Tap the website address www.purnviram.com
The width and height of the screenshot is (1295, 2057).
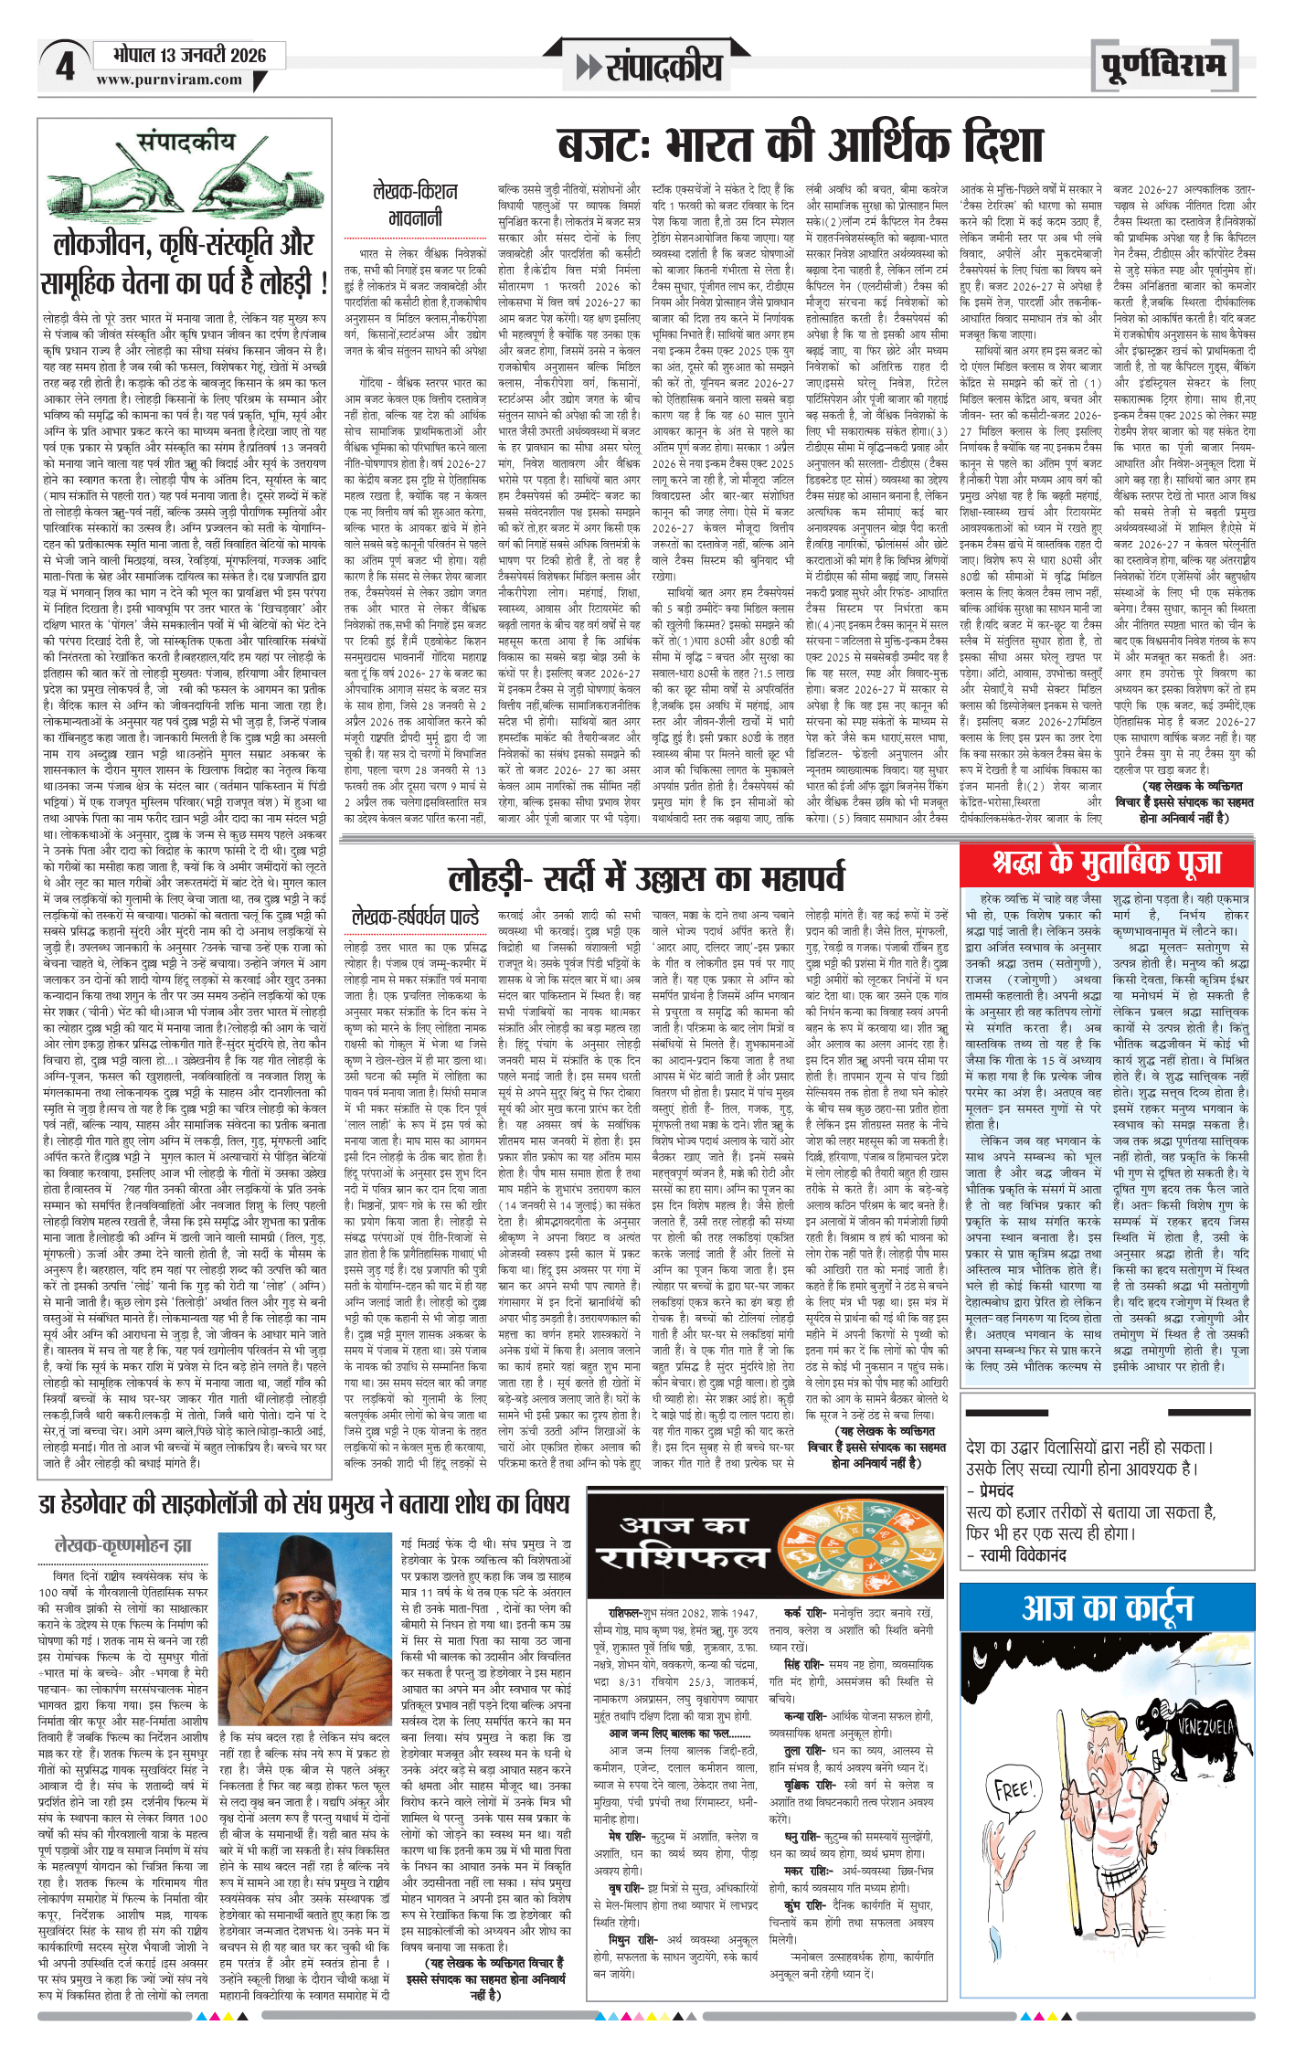coord(169,80)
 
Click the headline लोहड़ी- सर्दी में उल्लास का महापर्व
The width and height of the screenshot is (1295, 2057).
coord(646,878)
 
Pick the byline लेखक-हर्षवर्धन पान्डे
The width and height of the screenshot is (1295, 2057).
coord(416,916)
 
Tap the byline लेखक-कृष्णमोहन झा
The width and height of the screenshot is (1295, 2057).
coord(123,1545)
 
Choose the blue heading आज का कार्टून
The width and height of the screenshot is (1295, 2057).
coord(1107,1607)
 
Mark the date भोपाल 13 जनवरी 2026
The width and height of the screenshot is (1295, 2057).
coord(189,55)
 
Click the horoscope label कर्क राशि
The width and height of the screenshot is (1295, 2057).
coord(805,1613)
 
